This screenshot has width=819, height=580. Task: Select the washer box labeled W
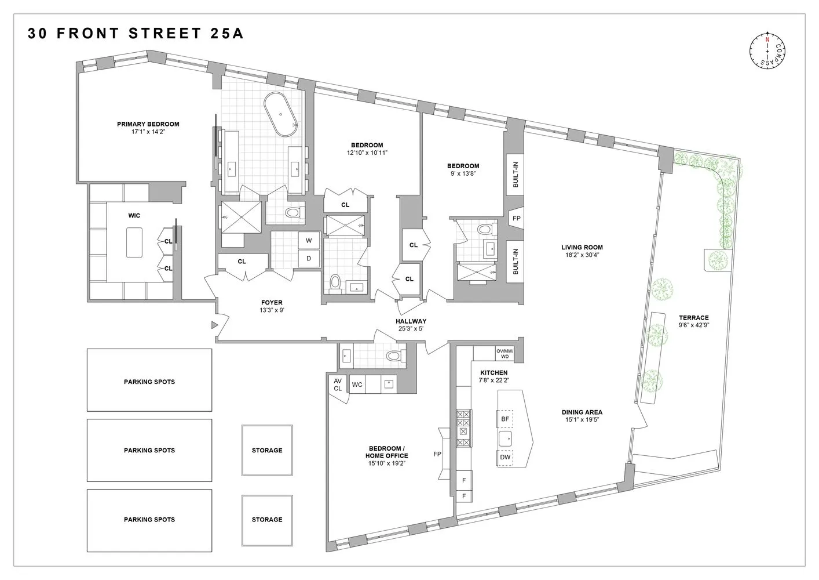point(309,240)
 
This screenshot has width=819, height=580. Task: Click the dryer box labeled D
point(309,258)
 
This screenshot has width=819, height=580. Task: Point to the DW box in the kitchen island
point(504,458)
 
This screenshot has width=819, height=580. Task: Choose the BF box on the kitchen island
point(504,419)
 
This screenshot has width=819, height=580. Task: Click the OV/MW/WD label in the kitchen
point(504,353)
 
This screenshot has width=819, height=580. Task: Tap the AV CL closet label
point(338,385)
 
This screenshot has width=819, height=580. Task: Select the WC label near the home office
point(357,385)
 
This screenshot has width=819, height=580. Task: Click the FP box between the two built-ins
point(515,219)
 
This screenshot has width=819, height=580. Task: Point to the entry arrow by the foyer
point(214,325)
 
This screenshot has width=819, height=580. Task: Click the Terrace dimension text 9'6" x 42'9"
point(694,325)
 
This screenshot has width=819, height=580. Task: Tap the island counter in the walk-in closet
point(134,242)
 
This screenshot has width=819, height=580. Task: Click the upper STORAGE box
point(267,450)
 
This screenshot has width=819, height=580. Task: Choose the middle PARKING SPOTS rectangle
point(149,450)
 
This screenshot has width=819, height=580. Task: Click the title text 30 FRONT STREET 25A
point(136,34)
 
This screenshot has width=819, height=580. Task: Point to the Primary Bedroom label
point(148,124)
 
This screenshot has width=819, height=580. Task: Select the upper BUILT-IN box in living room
point(515,175)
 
